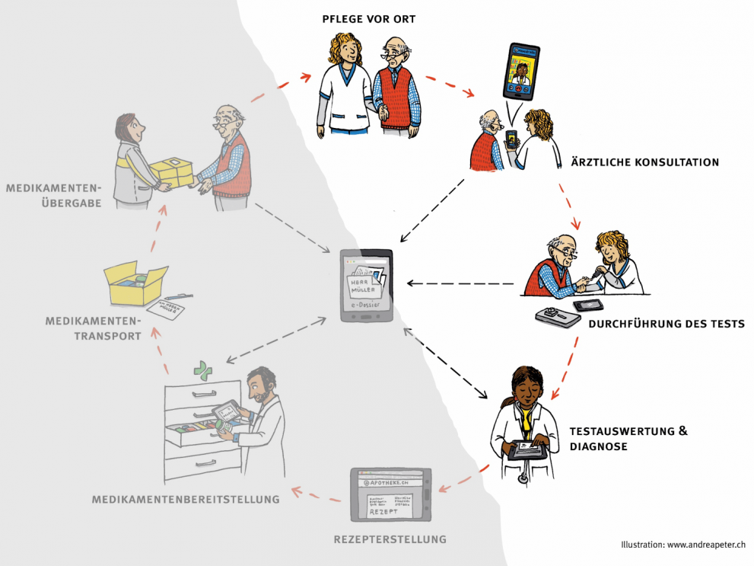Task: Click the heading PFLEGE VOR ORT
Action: point(368,19)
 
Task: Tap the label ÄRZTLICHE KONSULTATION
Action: point(644,162)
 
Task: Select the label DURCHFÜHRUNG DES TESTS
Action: point(666,324)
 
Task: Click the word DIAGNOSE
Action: point(598,447)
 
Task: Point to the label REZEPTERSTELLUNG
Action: point(390,540)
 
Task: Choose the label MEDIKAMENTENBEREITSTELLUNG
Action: point(186,499)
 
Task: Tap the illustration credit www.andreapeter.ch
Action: point(705,545)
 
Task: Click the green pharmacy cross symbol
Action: point(202,371)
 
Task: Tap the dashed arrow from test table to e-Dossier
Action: point(461,283)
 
